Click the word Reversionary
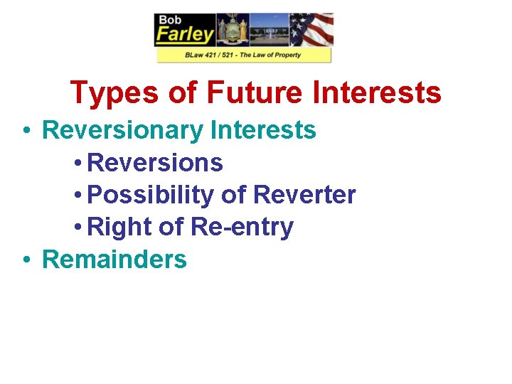pyautogui.click(x=123, y=131)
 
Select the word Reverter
pyautogui.click(x=304, y=195)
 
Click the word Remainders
pyautogui.click(x=114, y=260)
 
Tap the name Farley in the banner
pyautogui.click(x=185, y=35)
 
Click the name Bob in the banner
pyautogui.click(x=171, y=19)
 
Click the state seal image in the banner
pyautogui.click(x=233, y=29)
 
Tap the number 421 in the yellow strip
pyautogui.click(x=209, y=55)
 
